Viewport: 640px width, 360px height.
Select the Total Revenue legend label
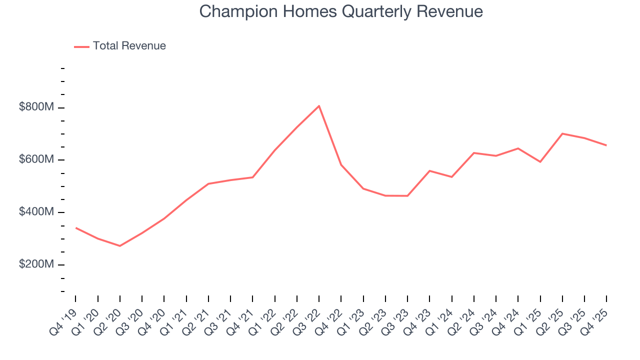click(129, 46)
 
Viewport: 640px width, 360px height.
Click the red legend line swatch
click(81, 46)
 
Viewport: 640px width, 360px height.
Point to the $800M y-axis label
click(36, 107)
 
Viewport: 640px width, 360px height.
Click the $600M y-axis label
click(36, 159)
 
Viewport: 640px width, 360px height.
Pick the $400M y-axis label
click(36, 212)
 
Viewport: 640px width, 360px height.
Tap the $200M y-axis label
click(36, 264)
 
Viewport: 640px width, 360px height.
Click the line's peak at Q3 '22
click(319, 106)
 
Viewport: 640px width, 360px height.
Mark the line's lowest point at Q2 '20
click(120, 246)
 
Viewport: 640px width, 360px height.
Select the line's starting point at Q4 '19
click(76, 228)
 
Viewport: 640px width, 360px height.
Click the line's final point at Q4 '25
click(606, 145)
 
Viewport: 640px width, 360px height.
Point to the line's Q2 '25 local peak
click(562, 133)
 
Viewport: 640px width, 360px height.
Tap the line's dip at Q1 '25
click(540, 162)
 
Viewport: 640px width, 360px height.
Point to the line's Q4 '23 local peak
click(429, 171)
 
